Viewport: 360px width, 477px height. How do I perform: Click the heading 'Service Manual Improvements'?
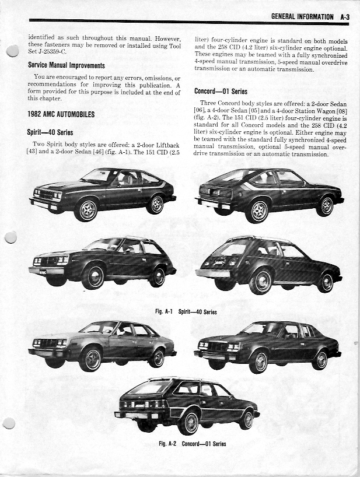tap(67, 66)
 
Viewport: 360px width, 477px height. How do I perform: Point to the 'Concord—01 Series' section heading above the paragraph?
tap(221, 92)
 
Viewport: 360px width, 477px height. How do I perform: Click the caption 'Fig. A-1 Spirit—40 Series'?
tap(186, 312)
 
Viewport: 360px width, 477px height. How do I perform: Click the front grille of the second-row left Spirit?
tap(47, 261)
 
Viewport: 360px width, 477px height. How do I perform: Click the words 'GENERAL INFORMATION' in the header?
tap(302, 17)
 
